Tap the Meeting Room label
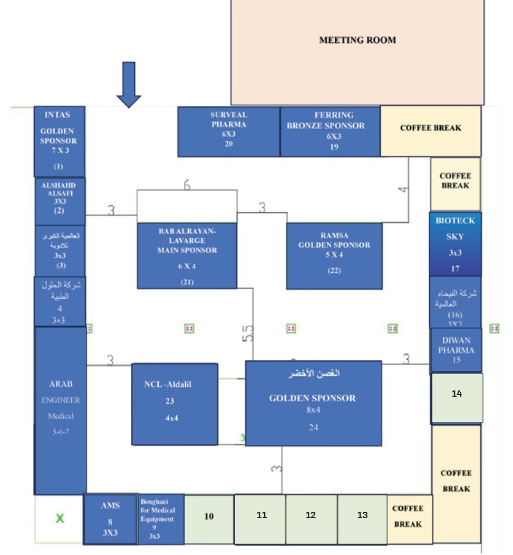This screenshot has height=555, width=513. (357, 40)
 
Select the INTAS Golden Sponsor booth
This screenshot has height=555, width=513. (60, 141)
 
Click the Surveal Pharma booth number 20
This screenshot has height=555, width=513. (228, 131)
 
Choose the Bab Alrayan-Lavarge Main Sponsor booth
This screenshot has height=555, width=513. (187, 256)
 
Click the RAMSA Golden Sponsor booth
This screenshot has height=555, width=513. (334, 256)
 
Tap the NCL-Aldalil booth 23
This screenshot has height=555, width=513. (174, 404)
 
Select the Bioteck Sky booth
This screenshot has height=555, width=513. (455, 244)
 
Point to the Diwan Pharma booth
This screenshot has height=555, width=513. (456, 350)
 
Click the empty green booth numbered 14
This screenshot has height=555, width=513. (457, 398)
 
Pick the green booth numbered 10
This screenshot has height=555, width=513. (209, 519)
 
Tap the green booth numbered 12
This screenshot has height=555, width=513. (311, 519)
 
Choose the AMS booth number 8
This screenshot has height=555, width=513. (110, 519)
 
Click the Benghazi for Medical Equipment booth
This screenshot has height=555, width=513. (160, 519)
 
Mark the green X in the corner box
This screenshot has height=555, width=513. (60, 519)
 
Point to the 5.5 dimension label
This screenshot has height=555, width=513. (248, 333)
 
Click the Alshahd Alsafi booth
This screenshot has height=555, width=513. (60, 201)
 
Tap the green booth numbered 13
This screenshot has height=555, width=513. (362, 519)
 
